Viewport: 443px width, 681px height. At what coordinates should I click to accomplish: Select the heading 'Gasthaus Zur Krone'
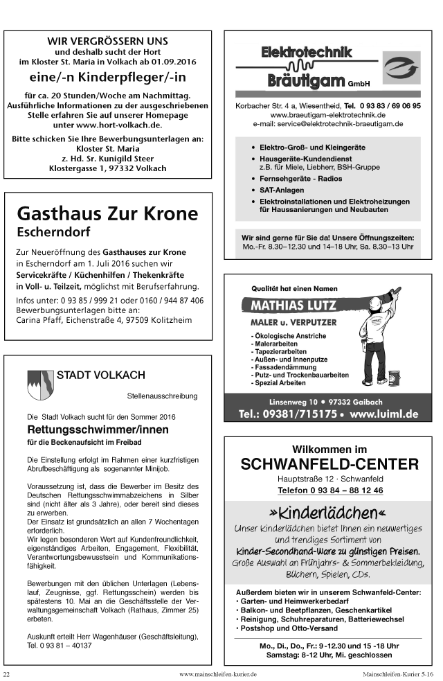click(x=107, y=213)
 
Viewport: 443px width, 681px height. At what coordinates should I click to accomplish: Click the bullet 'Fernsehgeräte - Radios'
click(x=301, y=178)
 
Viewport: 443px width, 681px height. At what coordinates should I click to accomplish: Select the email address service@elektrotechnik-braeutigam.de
click(x=327, y=123)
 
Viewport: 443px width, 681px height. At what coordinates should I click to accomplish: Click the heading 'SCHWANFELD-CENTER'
click(x=329, y=463)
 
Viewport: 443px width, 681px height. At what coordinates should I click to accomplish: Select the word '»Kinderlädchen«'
click(x=329, y=513)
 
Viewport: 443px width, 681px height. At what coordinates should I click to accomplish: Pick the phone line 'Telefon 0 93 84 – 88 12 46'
click(x=329, y=490)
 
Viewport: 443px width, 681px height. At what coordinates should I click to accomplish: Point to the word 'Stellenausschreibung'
click(x=163, y=397)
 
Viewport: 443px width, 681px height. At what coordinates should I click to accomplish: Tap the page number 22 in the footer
click(x=7, y=674)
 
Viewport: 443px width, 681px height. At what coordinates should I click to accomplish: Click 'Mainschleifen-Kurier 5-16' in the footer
click(x=399, y=674)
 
